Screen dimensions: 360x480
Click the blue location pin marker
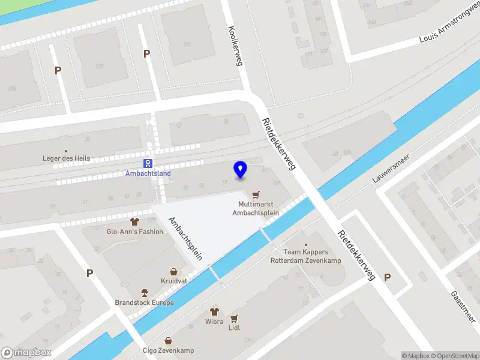point(241,169)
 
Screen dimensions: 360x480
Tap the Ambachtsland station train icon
point(148,163)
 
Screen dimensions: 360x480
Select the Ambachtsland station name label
point(148,174)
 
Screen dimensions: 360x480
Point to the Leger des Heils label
point(67,158)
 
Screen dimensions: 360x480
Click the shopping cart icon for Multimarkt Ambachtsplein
point(257,194)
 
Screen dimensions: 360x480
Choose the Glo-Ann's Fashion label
point(134,232)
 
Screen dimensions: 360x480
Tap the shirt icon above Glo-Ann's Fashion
point(134,221)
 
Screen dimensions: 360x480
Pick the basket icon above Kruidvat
point(173,271)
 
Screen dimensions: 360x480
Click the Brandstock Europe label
point(145,302)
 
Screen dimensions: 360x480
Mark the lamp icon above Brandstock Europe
point(145,293)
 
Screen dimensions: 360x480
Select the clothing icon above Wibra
point(215,311)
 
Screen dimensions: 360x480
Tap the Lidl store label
point(234,328)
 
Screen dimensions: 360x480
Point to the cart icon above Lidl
point(234,319)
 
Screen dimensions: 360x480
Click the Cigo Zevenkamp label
point(169,350)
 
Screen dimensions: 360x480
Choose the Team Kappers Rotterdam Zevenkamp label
point(306,256)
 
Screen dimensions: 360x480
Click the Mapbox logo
point(26,353)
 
